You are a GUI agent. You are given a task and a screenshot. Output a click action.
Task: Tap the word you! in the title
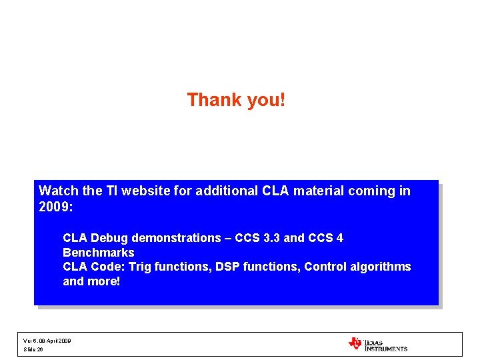pyautogui.click(x=266, y=100)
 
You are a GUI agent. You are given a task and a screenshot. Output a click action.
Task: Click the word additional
pyautogui.click(x=227, y=191)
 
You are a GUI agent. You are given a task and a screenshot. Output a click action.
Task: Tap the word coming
pyautogui.click(x=373, y=191)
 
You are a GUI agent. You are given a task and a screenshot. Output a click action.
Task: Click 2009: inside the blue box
pyautogui.click(x=55, y=206)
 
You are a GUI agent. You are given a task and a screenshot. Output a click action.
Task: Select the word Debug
pyautogui.click(x=111, y=238)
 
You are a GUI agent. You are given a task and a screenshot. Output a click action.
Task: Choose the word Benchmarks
pyautogui.click(x=98, y=253)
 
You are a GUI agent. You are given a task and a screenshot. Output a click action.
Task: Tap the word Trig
pyautogui.click(x=141, y=267)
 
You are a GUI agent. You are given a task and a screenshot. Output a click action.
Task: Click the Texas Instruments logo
pyautogui.click(x=378, y=344)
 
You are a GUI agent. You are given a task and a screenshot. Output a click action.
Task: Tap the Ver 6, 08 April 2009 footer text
pyautogui.click(x=47, y=341)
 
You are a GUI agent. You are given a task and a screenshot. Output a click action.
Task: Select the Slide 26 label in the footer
pyautogui.click(x=33, y=349)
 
